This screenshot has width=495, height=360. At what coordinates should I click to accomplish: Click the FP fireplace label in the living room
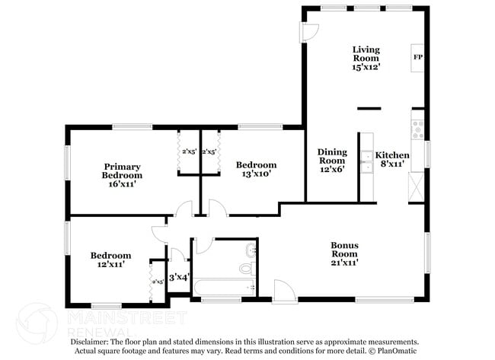click(417, 57)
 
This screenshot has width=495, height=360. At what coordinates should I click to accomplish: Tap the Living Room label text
click(366, 58)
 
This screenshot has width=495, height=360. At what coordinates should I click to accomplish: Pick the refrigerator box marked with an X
click(417, 185)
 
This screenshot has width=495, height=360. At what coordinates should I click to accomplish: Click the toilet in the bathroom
click(247, 267)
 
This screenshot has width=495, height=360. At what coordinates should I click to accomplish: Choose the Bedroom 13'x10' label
click(255, 169)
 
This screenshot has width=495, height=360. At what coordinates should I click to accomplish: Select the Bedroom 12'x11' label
click(110, 260)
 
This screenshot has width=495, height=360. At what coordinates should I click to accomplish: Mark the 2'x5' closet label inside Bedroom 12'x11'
click(157, 282)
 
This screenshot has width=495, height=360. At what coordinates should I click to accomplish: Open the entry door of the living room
click(309, 31)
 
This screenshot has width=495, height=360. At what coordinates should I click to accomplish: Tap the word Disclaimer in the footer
click(94, 342)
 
